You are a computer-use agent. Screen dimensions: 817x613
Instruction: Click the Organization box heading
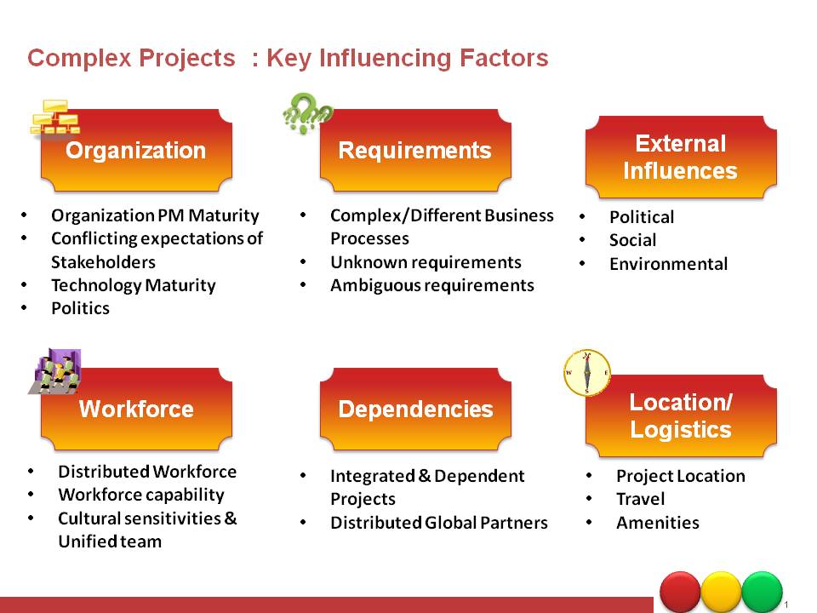pos(136,150)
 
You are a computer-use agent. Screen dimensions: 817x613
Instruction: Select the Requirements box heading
pos(415,150)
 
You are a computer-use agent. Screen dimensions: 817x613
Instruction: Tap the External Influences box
pos(681,157)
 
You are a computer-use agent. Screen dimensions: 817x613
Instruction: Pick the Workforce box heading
pos(136,410)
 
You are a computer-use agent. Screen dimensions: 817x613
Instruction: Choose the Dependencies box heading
pos(415,410)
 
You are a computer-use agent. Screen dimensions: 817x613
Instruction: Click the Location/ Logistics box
pos(681,416)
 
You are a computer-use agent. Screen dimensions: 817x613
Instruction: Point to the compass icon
pos(587,373)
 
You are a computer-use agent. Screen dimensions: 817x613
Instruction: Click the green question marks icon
pos(307,112)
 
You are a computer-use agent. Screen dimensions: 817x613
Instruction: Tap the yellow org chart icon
pos(55,117)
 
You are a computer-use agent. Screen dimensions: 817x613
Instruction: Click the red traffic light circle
pos(680,593)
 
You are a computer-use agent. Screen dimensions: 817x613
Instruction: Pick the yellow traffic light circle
pos(721,593)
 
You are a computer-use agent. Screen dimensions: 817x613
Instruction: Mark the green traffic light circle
pos(762,593)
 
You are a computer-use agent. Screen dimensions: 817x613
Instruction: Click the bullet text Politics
pos(80,308)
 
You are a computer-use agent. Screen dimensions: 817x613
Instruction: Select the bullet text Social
pos(632,240)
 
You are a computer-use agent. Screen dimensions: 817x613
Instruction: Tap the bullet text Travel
pos(640,499)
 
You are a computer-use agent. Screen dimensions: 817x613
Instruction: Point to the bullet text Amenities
pos(658,522)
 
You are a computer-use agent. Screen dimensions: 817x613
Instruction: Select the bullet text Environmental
pos(669,263)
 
